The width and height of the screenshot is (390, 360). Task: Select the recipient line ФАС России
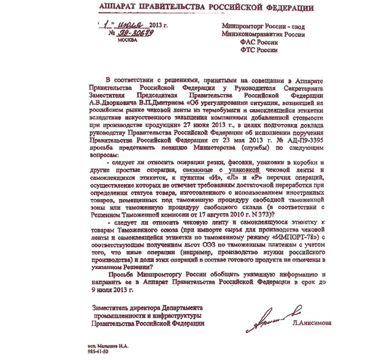[258, 42]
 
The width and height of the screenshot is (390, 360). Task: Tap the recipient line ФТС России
[259, 50]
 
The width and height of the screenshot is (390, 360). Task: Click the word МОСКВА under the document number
[127, 41]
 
